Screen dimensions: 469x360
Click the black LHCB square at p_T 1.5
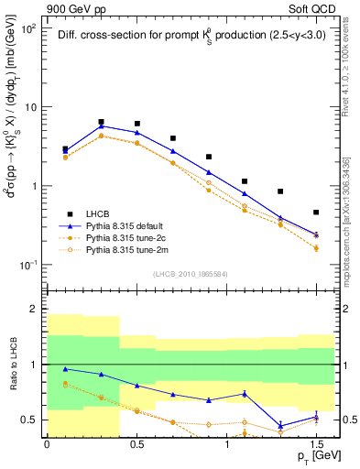pyautogui.click(x=316, y=213)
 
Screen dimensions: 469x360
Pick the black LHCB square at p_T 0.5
pyautogui.click(x=136, y=124)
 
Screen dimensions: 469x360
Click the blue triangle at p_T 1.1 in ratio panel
pyautogui.click(x=245, y=394)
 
